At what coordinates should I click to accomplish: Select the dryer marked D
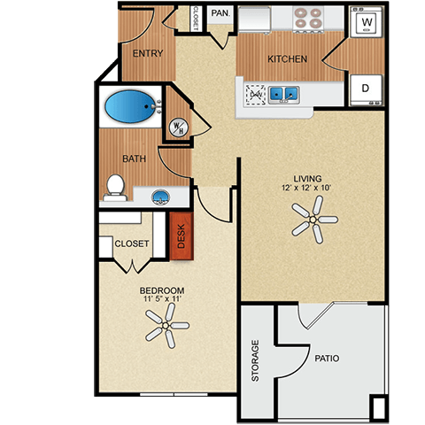364,89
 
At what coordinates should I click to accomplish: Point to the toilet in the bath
113,185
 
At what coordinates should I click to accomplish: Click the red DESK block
181,236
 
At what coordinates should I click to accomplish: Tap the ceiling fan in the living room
312,217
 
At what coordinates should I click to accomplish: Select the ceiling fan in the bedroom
166,332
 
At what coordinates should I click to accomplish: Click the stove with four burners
309,19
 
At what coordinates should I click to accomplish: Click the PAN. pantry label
220,14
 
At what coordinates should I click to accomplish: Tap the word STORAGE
256,360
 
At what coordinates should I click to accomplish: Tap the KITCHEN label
288,60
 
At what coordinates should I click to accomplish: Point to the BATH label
134,159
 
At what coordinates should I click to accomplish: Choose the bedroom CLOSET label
131,243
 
